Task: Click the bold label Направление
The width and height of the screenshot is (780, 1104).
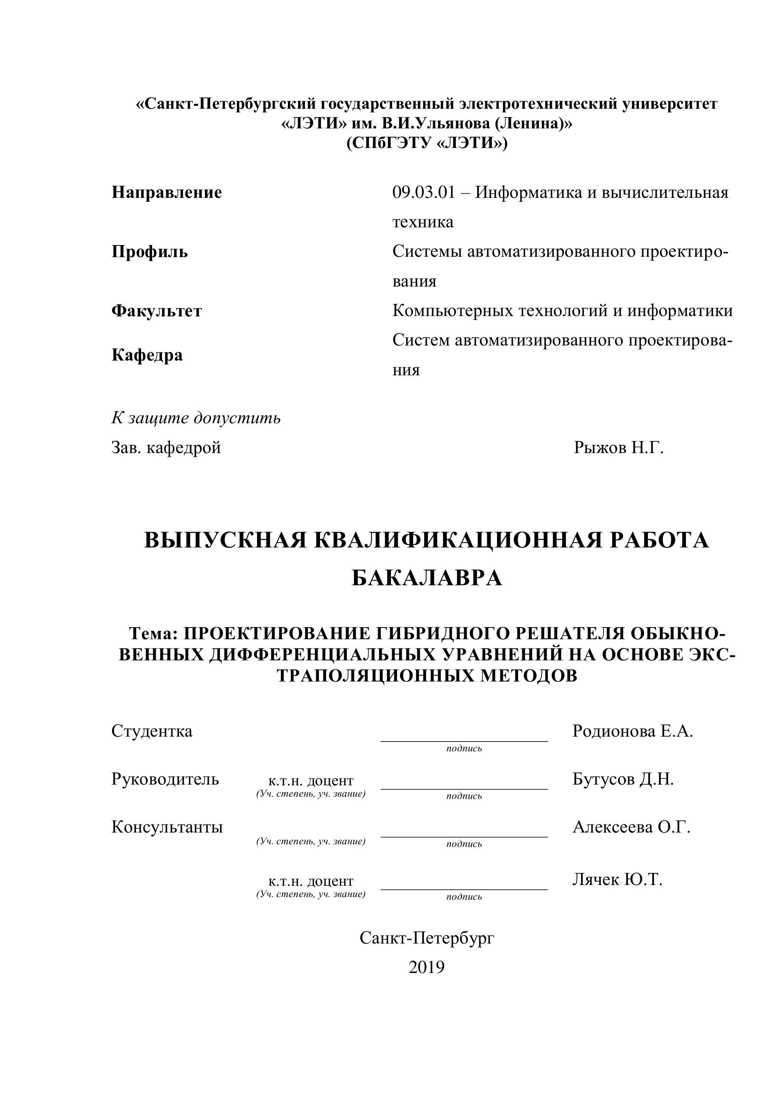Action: pyautogui.click(x=167, y=192)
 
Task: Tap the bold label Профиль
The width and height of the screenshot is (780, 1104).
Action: pyautogui.click(x=149, y=251)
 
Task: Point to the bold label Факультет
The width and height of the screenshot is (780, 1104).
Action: pyautogui.click(x=157, y=311)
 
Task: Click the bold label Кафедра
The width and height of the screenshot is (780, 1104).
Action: pyautogui.click(x=147, y=355)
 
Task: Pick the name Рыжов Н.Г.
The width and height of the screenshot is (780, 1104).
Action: pyautogui.click(x=618, y=448)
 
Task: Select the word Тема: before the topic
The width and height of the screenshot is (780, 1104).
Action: pyautogui.click(x=154, y=634)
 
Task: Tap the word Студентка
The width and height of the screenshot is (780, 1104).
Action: pyautogui.click(x=152, y=731)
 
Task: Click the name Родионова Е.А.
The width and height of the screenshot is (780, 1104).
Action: pyautogui.click(x=632, y=731)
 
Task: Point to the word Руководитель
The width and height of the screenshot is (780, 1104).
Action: pyautogui.click(x=165, y=779)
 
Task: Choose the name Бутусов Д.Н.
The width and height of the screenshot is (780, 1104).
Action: pyautogui.click(x=623, y=779)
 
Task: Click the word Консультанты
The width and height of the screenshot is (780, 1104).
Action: pyautogui.click(x=167, y=826)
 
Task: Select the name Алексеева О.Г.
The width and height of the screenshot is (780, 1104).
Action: pyautogui.click(x=631, y=826)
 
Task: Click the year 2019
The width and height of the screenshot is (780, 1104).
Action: pyautogui.click(x=426, y=967)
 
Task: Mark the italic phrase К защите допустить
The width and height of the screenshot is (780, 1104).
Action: pyautogui.click(x=196, y=418)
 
